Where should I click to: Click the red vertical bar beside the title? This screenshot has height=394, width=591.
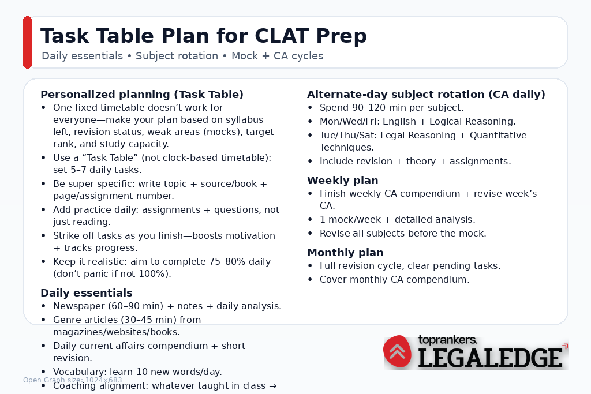(27, 42)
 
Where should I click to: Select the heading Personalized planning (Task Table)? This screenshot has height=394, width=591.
(142, 95)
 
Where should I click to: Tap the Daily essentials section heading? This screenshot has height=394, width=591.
(87, 293)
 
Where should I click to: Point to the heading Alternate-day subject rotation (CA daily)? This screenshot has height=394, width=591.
(426, 95)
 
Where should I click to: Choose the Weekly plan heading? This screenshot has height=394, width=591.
(343, 181)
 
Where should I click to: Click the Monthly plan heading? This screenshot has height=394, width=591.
(345, 253)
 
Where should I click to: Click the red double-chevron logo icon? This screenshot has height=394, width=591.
(398, 351)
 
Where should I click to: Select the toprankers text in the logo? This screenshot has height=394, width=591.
(447, 340)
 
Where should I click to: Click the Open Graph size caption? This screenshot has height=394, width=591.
(72, 380)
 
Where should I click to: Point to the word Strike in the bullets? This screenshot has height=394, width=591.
(65, 236)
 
